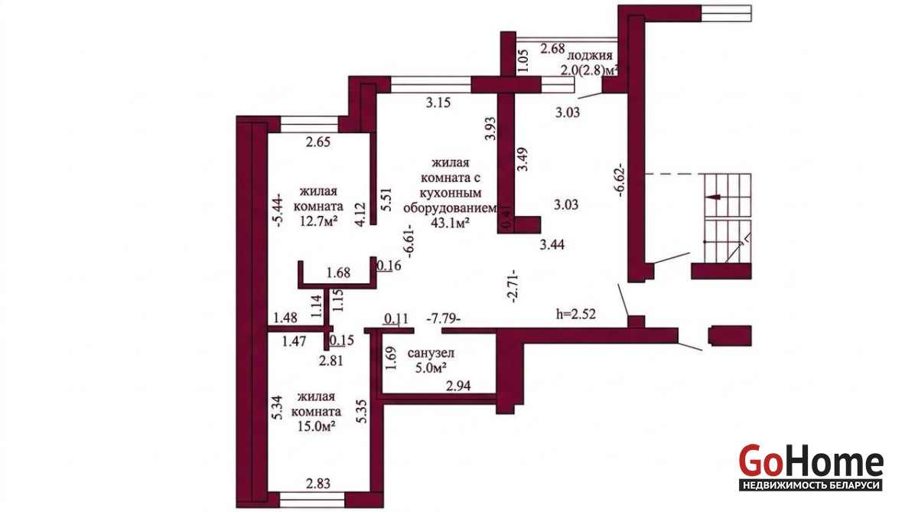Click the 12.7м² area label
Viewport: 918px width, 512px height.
pyautogui.click(x=319, y=222)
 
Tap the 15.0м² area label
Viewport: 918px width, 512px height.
pyautogui.click(x=317, y=426)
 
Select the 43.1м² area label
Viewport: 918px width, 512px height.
pyautogui.click(x=450, y=223)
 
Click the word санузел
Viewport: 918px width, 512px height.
pyautogui.click(x=431, y=353)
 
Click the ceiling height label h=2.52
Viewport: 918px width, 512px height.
pyautogui.click(x=575, y=315)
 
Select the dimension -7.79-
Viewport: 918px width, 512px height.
pyautogui.click(x=444, y=318)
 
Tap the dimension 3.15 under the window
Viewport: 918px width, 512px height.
pyautogui.click(x=438, y=103)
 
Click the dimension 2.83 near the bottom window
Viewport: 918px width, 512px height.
pyautogui.click(x=318, y=484)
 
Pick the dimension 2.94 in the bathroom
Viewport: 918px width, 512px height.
pyautogui.click(x=458, y=386)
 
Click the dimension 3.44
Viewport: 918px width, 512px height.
pyautogui.click(x=552, y=245)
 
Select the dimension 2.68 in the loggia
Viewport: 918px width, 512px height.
pyautogui.click(x=552, y=49)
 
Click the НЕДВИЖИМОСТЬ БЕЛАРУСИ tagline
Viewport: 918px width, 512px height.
pyautogui.click(x=811, y=486)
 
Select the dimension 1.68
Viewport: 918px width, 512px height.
pyautogui.click(x=338, y=272)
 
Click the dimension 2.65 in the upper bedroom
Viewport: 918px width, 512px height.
pyautogui.click(x=318, y=142)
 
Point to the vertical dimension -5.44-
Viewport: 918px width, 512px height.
pyautogui.click(x=278, y=210)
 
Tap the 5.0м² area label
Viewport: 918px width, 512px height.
pyautogui.click(x=431, y=367)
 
